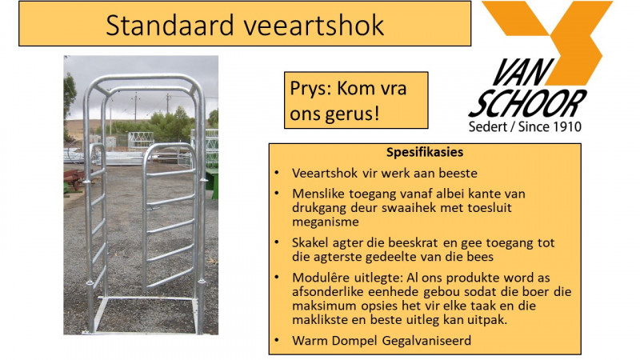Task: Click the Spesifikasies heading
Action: click(x=424, y=152)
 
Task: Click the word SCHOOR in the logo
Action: click(x=527, y=104)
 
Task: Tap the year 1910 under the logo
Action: click(x=566, y=127)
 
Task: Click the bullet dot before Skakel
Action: click(x=276, y=242)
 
